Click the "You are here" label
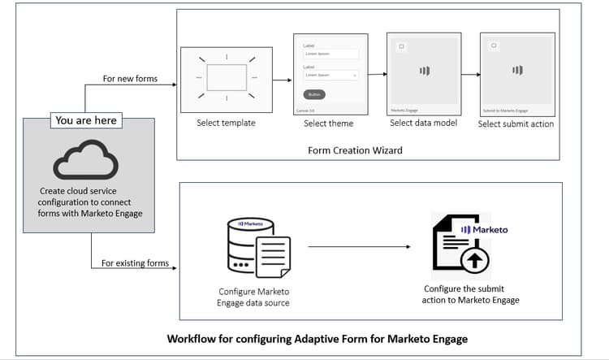coord(85,120)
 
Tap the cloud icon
coord(85,158)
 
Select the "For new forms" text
coord(130,79)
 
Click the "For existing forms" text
coord(136,263)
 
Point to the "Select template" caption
coord(226,124)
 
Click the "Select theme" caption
coord(328,124)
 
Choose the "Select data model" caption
coord(423,123)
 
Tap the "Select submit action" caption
coord(516,124)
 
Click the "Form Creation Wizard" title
coord(355,150)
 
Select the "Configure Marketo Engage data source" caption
coord(253,297)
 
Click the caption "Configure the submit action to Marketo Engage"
coord(471,294)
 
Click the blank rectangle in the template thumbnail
coord(227,77)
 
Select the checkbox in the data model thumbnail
coord(400,46)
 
